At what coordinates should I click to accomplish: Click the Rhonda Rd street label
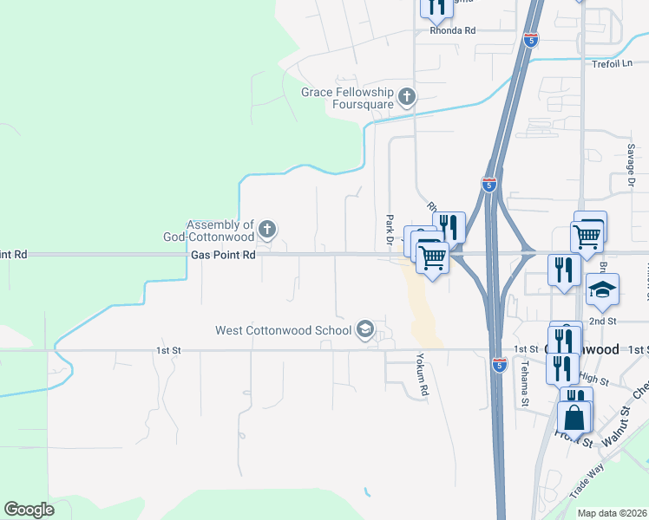point(453,30)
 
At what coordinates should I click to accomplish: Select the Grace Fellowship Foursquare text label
point(347,98)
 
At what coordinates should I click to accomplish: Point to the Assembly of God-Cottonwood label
point(208,231)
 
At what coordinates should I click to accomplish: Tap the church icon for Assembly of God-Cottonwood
point(267,230)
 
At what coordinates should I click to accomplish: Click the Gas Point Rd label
point(223,255)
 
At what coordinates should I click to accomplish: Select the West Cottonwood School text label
point(284,329)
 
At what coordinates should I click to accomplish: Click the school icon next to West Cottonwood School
point(365,328)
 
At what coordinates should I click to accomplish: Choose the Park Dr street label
point(390,228)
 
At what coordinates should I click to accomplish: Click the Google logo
point(29,510)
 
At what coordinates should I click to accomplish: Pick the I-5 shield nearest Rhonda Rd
point(532,39)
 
